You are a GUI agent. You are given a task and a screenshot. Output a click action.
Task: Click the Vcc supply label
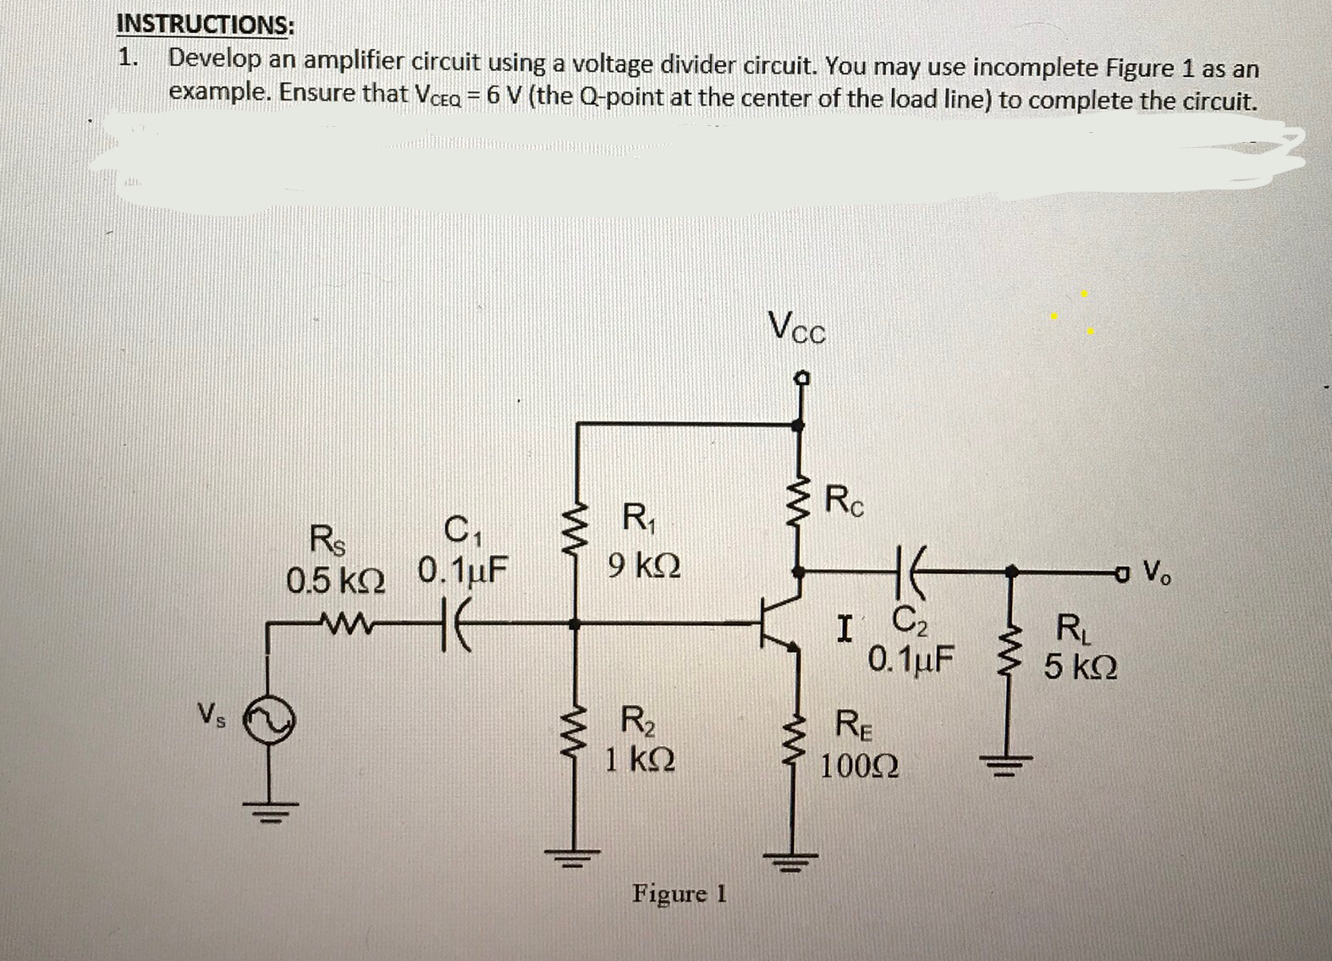(797, 327)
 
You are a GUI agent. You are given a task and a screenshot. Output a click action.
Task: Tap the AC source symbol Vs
(268, 724)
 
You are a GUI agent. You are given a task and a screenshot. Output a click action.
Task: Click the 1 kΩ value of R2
(640, 759)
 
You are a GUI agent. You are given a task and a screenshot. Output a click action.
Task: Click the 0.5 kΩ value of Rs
(336, 580)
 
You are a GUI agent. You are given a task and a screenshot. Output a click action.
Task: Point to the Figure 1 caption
(680, 893)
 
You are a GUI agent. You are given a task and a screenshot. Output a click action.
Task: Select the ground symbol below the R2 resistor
(575, 856)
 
